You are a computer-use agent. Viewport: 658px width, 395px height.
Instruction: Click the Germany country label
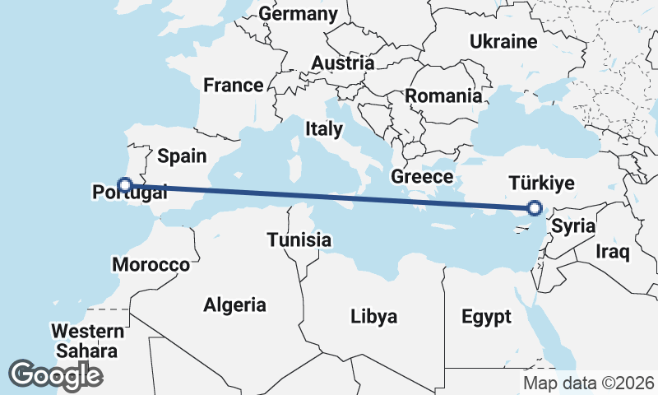298,14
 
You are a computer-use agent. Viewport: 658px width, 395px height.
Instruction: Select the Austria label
342,63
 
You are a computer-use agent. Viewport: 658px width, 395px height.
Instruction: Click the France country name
234,85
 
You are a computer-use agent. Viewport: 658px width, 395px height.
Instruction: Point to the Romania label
443,95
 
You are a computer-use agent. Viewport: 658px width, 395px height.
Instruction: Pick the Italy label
323,129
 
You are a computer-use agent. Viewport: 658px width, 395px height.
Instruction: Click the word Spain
182,156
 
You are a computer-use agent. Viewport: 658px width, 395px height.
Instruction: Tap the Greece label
422,177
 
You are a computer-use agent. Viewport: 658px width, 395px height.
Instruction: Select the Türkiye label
541,183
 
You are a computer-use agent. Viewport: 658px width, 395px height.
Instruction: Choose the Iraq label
613,252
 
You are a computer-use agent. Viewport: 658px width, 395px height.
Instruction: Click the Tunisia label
299,240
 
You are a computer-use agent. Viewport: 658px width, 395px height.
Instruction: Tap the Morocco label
151,265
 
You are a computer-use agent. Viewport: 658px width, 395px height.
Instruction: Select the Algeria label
235,304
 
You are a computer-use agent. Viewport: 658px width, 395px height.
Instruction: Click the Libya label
373,316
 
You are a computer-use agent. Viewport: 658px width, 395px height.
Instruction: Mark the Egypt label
486,317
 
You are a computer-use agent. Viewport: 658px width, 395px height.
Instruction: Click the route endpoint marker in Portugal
125,184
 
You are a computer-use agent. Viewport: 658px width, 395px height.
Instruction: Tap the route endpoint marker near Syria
535,208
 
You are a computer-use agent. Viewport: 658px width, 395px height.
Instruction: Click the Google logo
55,374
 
